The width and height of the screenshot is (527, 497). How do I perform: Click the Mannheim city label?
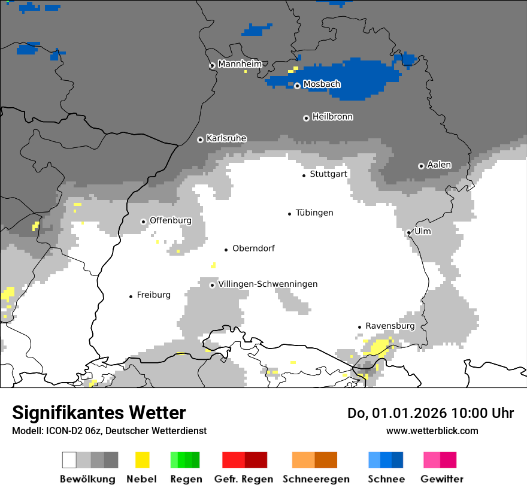[240, 64]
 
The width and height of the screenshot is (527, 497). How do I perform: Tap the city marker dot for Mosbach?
[297, 86]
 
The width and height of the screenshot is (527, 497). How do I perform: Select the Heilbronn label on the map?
[332, 117]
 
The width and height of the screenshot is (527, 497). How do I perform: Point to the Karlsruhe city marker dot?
[201, 140]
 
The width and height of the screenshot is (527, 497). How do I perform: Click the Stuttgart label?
[328, 174]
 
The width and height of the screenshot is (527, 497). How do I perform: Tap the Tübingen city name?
[314, 213]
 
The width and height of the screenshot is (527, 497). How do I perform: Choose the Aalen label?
[439, 165]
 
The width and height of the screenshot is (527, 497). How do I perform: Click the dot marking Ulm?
[408, 233]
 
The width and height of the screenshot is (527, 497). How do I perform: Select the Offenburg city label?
[171, 220]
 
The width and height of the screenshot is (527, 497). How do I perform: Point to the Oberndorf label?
[253, 249]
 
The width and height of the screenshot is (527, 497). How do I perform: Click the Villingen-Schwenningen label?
[268, 284]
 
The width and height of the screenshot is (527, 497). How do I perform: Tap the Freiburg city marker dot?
[131, 296]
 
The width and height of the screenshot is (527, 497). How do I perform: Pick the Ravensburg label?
[390, 326]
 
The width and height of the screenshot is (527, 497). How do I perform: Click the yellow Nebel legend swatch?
[142, 460]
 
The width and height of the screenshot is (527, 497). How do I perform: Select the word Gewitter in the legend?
[442, 479]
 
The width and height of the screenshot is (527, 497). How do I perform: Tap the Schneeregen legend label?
[315, 479]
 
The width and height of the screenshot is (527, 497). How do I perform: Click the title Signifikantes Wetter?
[99, 413]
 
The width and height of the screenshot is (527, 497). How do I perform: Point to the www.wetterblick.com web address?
[432, 431]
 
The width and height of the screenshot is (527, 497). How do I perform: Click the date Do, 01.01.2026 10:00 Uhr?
[431, 413]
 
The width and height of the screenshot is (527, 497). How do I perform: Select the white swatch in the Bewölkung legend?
[69, 460]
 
